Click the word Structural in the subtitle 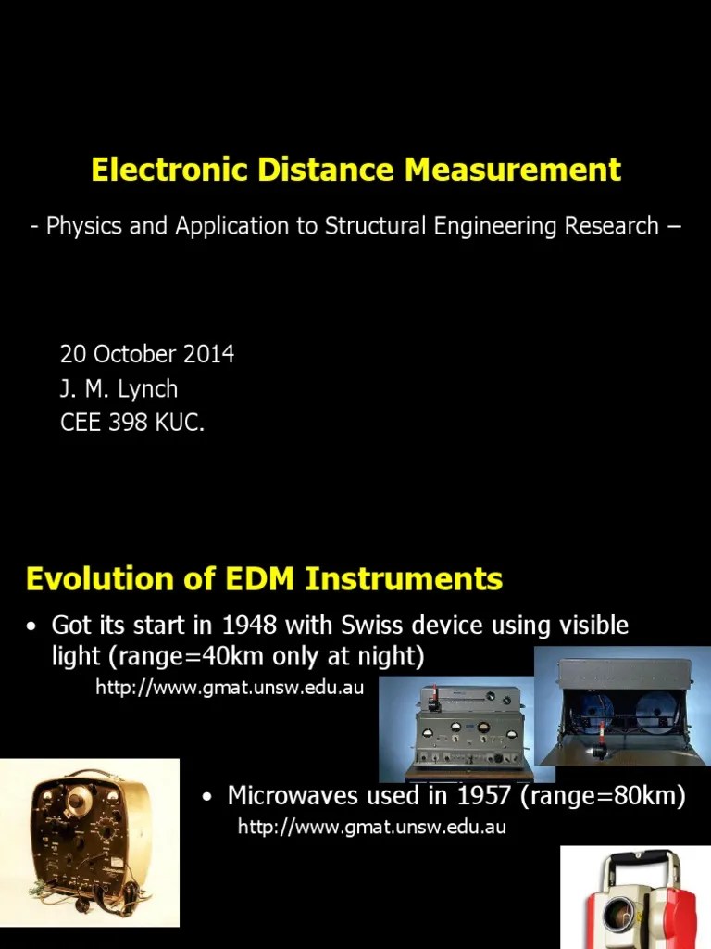click(372, 226)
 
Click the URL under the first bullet click(231, 688)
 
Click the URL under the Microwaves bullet click(372, 827)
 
